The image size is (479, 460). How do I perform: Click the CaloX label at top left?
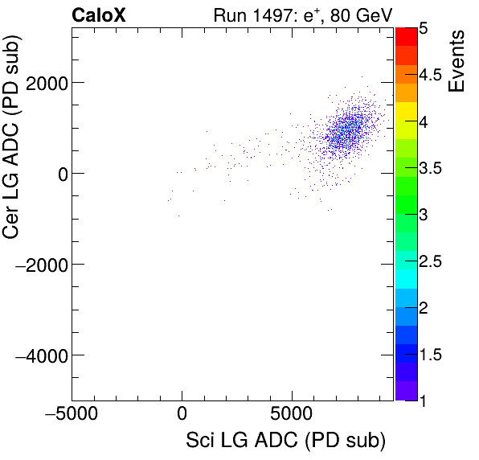(x=99, y=15)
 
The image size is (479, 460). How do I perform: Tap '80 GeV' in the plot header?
(x=355, y=15)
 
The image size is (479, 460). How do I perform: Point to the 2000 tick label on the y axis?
(x=47, y=83)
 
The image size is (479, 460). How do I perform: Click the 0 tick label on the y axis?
(x=60, y=174)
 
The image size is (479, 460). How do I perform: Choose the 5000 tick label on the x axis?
(x=291, y=417)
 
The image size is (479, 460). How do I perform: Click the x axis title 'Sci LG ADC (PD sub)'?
(x=285, y=442)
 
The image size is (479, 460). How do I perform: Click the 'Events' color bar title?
(x=457, y=61)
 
